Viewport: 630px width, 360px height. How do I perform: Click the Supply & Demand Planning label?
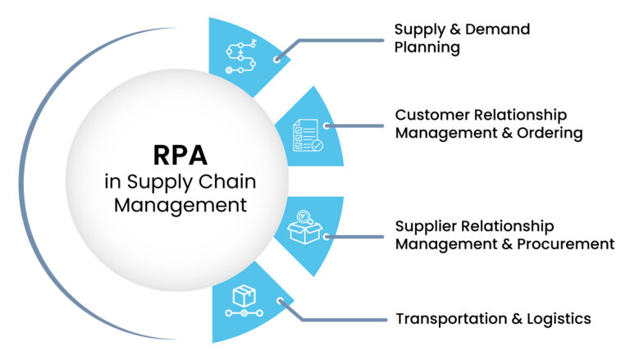coord(462,38)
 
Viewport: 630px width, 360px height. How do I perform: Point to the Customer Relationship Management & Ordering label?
coord(489,124)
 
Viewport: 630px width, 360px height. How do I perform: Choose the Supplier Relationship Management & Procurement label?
coord(504,235)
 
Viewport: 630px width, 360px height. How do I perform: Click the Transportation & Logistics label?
coord(492,319)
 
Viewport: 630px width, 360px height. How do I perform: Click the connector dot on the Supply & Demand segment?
coord(278,58)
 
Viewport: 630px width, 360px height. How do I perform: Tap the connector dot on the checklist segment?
coord(326,126)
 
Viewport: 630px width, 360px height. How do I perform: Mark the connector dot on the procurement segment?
coord(326,236)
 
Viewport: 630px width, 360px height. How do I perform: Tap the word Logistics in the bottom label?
coord(559,319)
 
